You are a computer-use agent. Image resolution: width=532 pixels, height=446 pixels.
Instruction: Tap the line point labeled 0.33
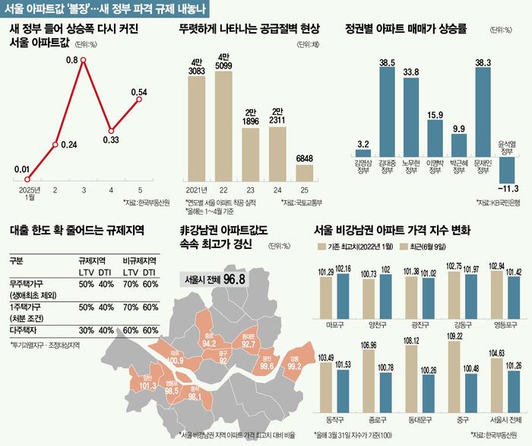click(112, 129)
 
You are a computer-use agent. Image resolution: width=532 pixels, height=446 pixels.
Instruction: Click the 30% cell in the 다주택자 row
click(85, 330)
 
